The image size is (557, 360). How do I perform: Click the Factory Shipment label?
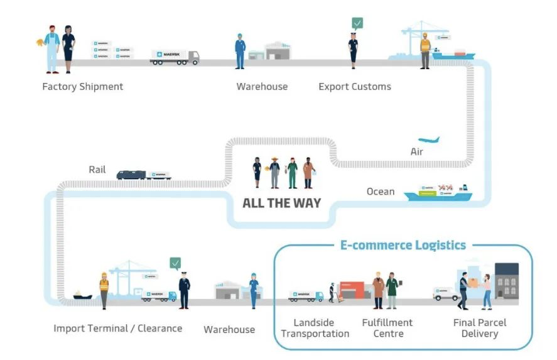point(82,87)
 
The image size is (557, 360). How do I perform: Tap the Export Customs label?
point(354,87)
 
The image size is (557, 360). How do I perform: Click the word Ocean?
point(381,191)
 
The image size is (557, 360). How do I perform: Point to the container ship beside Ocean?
point(438,192)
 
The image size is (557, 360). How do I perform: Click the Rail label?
point(97,169)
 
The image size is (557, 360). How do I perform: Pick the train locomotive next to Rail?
point(131,175)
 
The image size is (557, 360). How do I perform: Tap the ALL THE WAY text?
point(281,203)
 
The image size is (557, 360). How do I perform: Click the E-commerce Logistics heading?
point(403,245)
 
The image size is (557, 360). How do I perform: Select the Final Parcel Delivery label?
point(479,328)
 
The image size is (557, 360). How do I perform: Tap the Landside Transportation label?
point(315,328)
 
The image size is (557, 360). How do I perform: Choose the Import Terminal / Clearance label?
point(117,328)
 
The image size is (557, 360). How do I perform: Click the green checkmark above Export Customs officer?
point(357,24)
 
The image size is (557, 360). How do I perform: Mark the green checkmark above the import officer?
point(175,263)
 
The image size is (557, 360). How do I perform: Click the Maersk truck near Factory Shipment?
point(175,57)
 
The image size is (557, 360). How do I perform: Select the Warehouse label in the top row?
point(262,87)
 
